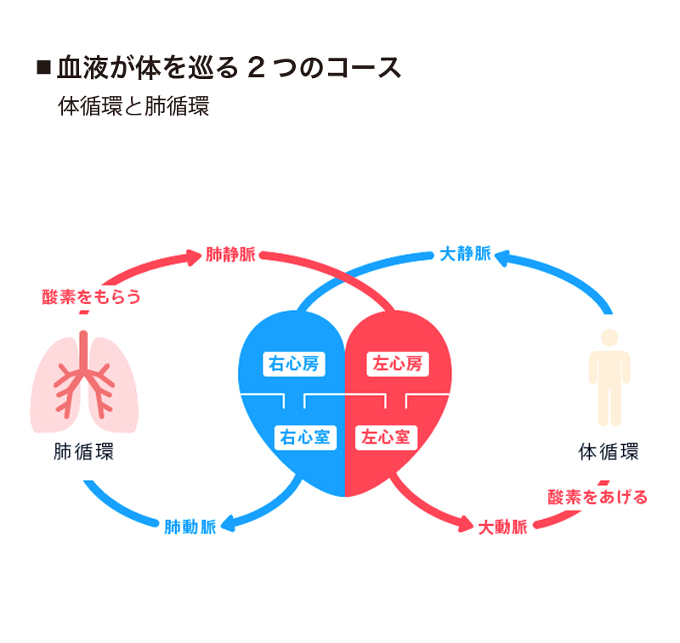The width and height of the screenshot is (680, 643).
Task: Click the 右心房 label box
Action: point(293,364)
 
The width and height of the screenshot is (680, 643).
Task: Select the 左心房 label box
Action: point(397,364)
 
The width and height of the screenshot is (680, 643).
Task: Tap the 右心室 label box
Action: point(305,437)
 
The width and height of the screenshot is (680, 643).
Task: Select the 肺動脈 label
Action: point(190,527)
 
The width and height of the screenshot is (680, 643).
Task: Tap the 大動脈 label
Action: point(502,527)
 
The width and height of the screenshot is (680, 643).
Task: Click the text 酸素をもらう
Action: point(91,296)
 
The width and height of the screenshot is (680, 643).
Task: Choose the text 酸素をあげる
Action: point(597,497)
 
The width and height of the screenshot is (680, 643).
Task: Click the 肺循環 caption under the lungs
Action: point(83,452)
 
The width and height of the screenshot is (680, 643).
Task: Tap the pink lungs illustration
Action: point(84,382)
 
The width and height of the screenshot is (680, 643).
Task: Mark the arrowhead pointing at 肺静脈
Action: point(195,254)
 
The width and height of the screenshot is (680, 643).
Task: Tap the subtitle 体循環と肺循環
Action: point(133,107)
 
